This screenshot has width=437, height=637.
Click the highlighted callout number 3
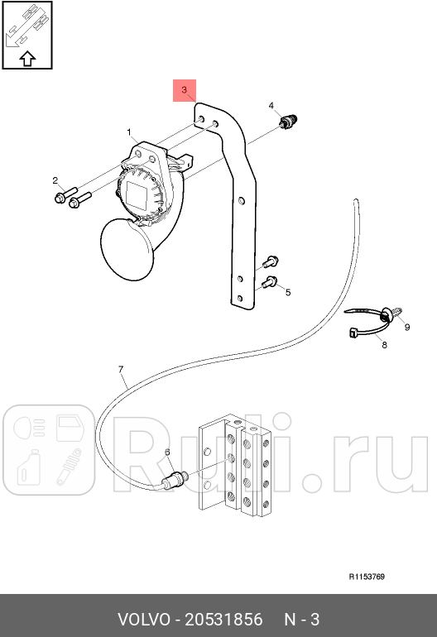coord(185,89)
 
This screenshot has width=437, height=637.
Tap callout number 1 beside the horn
coord(129,132)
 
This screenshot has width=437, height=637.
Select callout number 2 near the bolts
coord(55,180)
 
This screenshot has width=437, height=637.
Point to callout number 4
coord(271,106)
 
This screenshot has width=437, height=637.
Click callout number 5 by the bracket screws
coord(288,293)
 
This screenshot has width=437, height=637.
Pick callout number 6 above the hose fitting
coord(167,453)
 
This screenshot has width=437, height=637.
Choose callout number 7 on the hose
coord(121,368)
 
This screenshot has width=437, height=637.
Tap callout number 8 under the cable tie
coord(384,345)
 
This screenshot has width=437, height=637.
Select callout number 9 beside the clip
coord(406,328)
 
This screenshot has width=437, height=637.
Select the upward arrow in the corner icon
coord(26,58)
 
